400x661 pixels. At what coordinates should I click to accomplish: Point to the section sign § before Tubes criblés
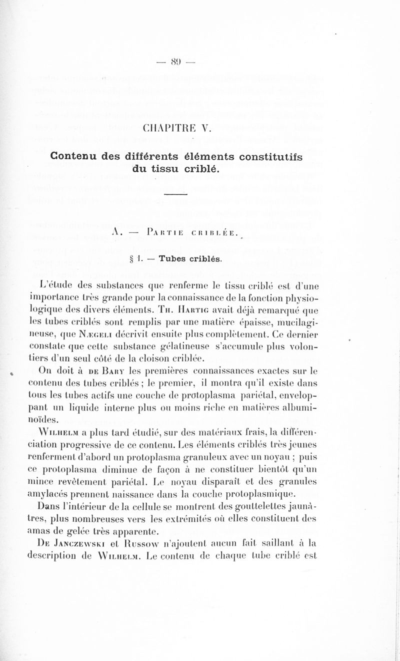[x=145, y=259]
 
